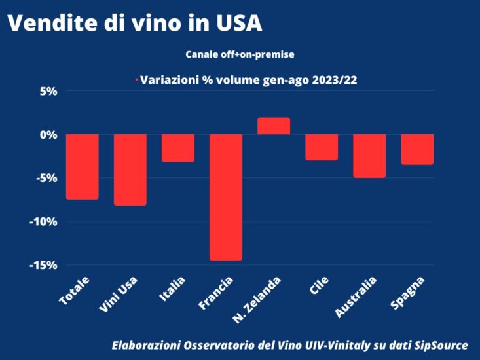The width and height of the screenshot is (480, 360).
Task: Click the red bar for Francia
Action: click(x=226, y=197)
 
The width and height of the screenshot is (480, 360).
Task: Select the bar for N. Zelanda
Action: click(x=274, y=126)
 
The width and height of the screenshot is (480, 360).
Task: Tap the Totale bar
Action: click(x=83, y=166)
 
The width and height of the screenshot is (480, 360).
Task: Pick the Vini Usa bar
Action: click(x=130, y=170)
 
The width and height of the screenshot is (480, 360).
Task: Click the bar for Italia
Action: click(x=178, y=148)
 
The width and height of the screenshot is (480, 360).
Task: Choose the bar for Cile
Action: click(x=322, y=147)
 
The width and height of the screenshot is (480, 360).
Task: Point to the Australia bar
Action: click(x=369, y=156)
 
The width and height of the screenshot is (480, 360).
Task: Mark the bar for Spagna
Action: click(x=417, y=149)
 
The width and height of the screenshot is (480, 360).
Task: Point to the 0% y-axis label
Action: click(x=49, y=134)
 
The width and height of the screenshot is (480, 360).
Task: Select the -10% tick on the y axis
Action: click(x=44, y=221)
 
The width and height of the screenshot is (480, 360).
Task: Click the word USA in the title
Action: click(x=238, y=23)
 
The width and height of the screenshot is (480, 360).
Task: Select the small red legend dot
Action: click(x=136, y=80)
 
